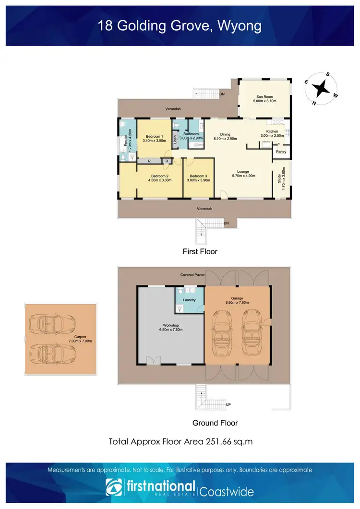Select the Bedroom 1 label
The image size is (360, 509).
[x=155, y=136]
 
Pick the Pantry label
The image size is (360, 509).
[x=281, y=152]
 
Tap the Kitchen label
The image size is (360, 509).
[x=272, y=131]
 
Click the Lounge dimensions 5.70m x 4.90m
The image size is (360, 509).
[x=243, y=176]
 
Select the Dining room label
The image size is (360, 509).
[x=225, y=134]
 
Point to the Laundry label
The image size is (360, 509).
[x=190, y=300]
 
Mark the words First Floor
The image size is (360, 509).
[x=200, y=251]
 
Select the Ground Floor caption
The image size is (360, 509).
[x=215, y=423]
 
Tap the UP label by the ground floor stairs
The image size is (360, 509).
[x=228, y=405]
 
